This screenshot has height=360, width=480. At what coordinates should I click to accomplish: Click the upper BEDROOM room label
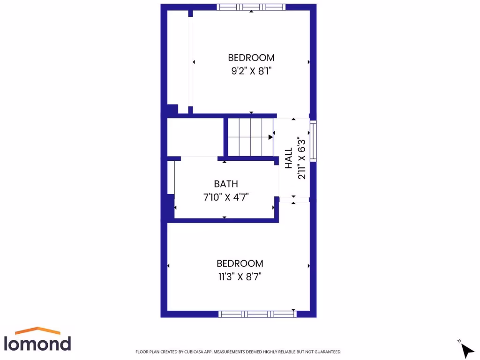click(x=251, y=58)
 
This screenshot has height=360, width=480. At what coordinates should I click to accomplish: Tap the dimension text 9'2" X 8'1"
click(x=251, y=71)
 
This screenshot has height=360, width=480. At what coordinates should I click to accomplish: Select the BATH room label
click(x=226, y=184)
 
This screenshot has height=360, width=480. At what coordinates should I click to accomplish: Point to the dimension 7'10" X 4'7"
click(x=226, y=197)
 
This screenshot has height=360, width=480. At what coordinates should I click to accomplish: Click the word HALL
click(x=289, y=158)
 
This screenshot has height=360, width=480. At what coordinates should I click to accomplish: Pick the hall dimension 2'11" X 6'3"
click(x=302, y=158)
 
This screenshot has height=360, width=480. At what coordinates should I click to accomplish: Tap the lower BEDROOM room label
click(x=240, y=263)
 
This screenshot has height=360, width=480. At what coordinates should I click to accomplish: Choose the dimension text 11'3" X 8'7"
click(x=240, y=277)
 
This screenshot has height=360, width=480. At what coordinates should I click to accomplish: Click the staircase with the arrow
click(x=250, y=137)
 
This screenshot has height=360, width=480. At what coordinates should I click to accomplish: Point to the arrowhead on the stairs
click(x=271, y=137)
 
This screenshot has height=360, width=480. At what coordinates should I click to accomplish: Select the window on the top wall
click(x=251, y=7)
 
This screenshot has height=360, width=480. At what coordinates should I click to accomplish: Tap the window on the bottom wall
click(x=258, y=314)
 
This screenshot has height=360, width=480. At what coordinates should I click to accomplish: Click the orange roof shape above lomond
click(x=37, y=330)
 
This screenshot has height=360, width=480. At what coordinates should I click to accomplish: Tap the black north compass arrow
click(x=467, y=350)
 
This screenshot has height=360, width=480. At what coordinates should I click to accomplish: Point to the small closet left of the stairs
click(x=195, y=137)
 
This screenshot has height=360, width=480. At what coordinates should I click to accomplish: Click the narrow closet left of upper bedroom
click(x=178, y=56)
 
